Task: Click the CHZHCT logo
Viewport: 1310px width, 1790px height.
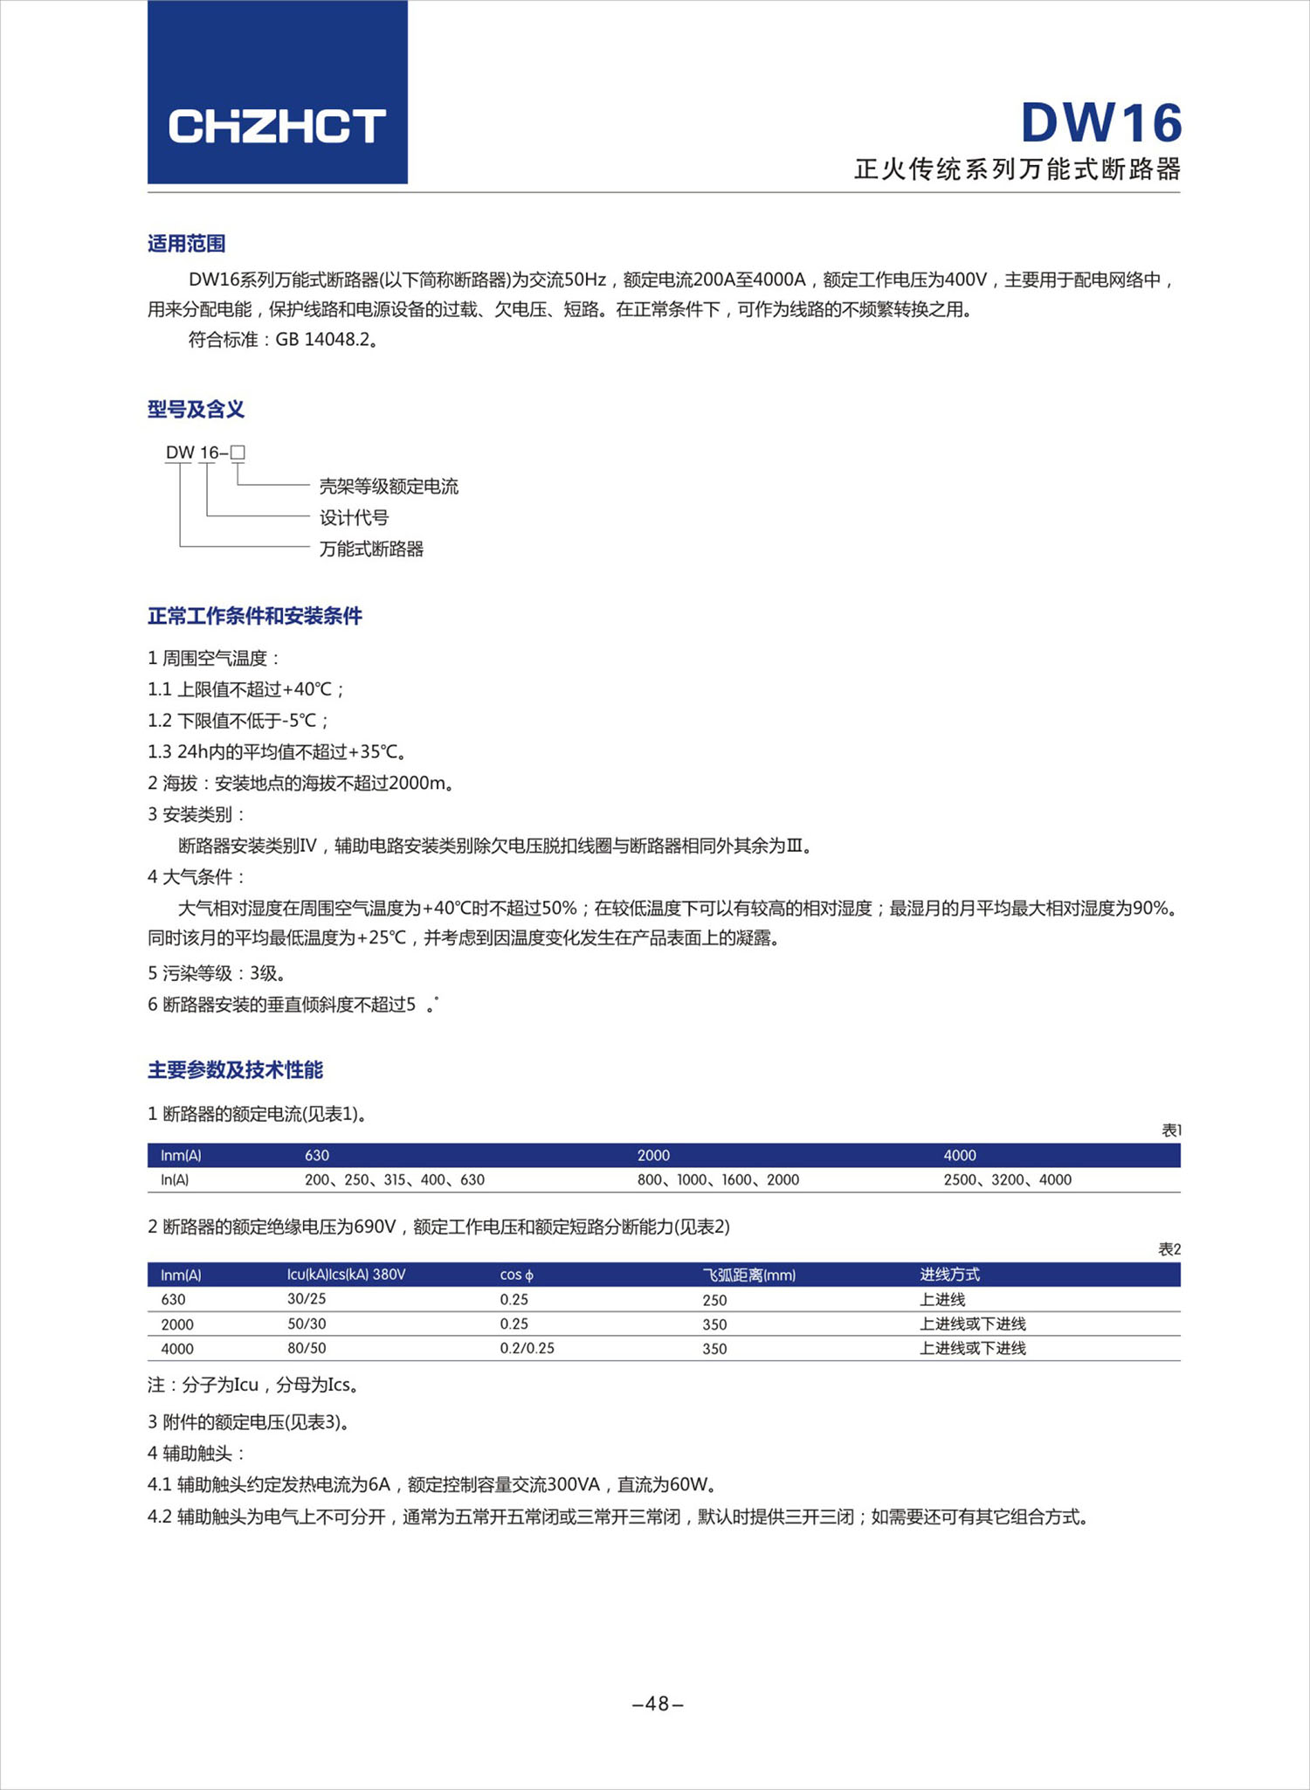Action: [277, 126]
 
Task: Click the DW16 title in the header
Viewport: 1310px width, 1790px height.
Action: [1101, 123]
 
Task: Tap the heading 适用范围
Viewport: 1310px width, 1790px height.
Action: [186, 244]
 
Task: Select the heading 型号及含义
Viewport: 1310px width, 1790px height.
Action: [196, 409]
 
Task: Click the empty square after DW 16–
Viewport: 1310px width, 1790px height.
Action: [238, 453]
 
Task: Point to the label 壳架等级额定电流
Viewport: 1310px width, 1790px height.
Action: [389, 487]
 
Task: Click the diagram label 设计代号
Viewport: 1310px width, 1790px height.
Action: [354, 518]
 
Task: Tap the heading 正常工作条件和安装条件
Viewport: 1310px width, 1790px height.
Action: [254, 617]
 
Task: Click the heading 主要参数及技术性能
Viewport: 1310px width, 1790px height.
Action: [235, 1070]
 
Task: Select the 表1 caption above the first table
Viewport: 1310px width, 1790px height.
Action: [1171, 1130]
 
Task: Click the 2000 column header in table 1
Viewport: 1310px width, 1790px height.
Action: [653, 1156]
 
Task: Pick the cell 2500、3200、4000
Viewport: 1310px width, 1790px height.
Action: [1007, 1180]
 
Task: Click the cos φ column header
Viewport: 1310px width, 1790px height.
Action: [516, 1275]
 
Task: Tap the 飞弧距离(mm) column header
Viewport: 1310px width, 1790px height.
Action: [748, 1275]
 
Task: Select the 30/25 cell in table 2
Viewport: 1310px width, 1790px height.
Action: [307, 1299]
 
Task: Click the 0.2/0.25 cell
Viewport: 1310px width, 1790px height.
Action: [527, 1349]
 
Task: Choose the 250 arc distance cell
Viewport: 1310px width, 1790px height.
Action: [714, 1300]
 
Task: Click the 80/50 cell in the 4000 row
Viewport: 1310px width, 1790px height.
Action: [307, 1349]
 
